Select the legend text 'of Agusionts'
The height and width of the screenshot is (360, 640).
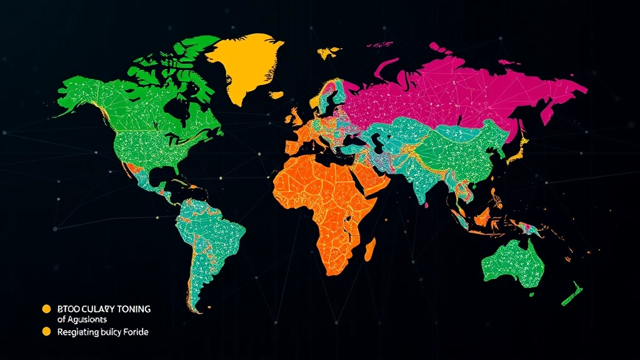click(x=82, y=320)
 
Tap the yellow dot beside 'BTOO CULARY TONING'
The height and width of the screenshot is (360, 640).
click(x=46, y=309)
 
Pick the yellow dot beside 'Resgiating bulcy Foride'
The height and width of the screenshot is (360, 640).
click(x=46, y=332)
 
